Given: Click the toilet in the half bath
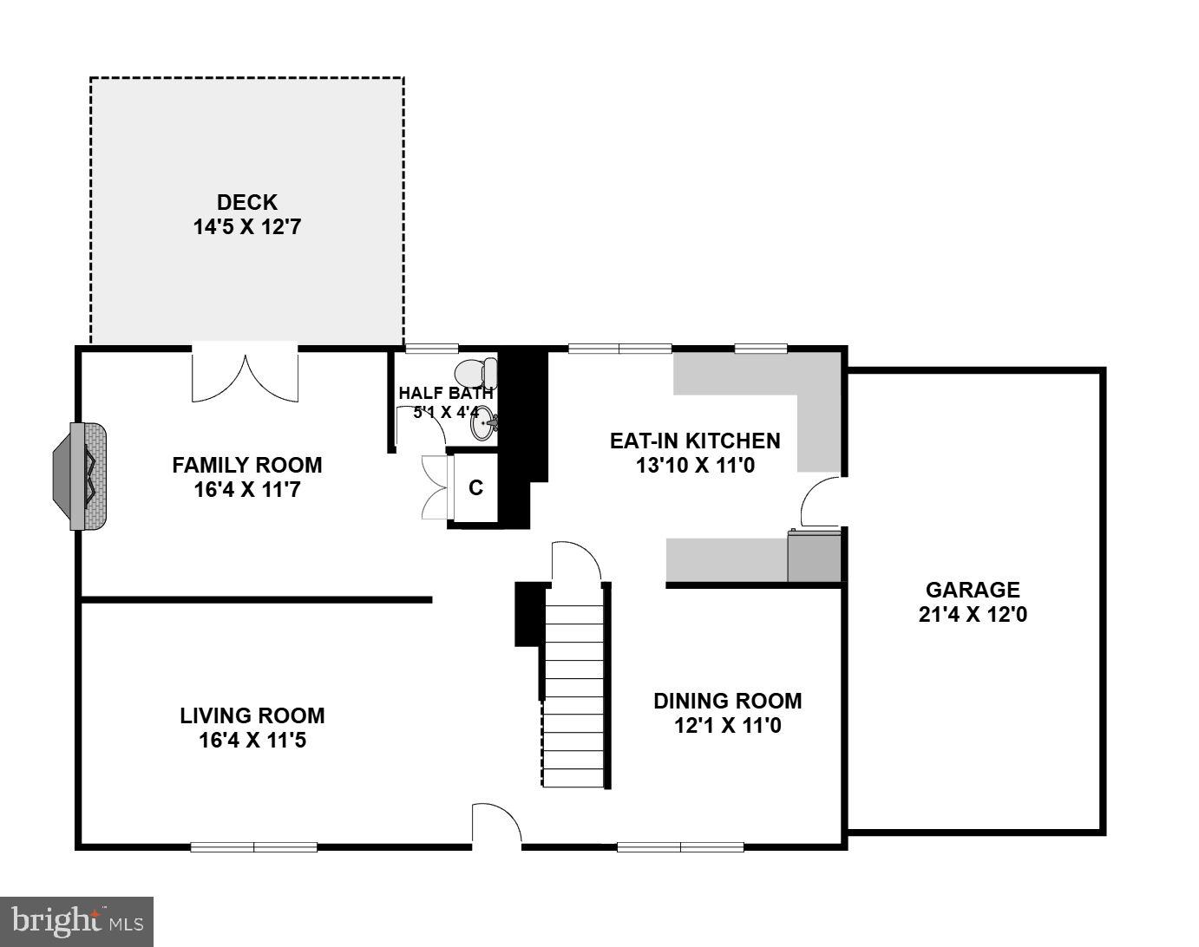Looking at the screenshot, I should pos(476,373).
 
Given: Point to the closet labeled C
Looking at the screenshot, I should pos(475,488).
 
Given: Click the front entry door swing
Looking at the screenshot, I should pos(496,824).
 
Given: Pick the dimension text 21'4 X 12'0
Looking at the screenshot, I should pos(973,615).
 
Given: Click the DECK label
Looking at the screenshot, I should pos(247,202).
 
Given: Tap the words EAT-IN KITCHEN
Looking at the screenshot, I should pos(695,441).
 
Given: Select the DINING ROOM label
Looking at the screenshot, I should pos(727,701).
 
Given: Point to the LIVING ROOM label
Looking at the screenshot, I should pos(252,715).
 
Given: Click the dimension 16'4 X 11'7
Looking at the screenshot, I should pos(247,490).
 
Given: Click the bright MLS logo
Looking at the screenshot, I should pos(76,920).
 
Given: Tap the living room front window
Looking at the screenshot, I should pos(253,846).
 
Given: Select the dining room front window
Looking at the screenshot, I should pos(680,846).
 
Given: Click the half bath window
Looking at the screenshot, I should pos(431,349).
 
